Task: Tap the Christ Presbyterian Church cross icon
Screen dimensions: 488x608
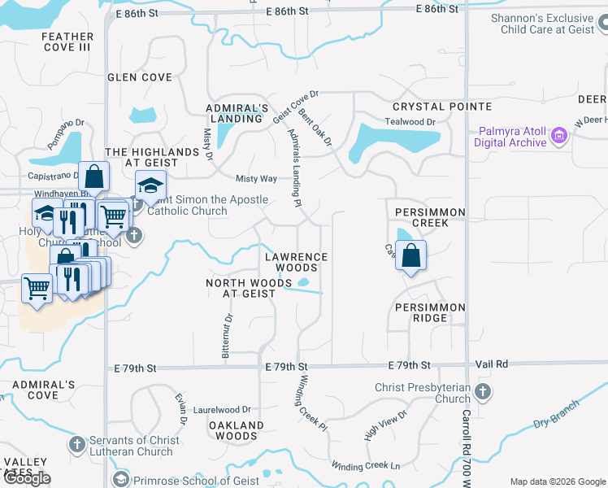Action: (483, 392)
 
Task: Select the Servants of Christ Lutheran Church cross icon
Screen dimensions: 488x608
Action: (77, 445)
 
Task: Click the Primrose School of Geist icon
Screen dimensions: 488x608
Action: (121, 479)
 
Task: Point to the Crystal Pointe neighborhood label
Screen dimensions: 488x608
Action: (441, 107)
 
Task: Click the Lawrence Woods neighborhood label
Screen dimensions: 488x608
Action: (296, 262)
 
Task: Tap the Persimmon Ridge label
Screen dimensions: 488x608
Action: (430, 312)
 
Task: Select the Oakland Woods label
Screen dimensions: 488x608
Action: (237, 430)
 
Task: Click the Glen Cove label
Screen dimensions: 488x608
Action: (140, 77)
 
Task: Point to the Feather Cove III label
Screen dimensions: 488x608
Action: (67, 41)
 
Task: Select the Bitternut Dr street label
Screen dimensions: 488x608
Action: (228, 336)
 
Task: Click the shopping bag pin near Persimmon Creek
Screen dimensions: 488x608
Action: (411, 255)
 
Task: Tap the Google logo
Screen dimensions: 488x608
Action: (26, 478)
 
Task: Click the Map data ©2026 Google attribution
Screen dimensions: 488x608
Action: (557, 481)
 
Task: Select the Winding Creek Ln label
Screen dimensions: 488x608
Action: (365, 465)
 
